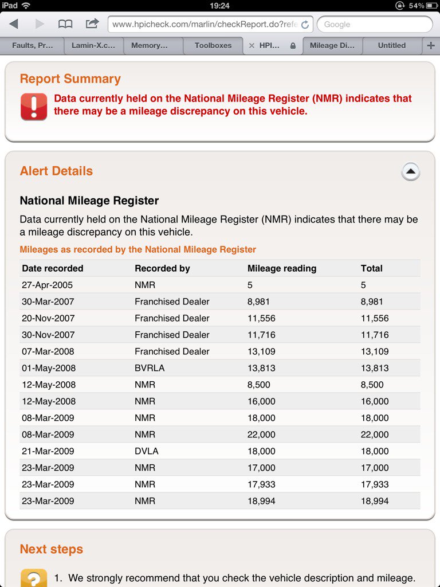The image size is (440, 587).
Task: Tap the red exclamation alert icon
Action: [34, 107]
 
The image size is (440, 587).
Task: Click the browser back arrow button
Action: [14, 24]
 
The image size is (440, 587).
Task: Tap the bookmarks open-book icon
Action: [65, 24]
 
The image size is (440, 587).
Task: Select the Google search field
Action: [375, 24]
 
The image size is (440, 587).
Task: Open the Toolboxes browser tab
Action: [213, 45]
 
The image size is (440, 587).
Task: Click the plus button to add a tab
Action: [431, 45]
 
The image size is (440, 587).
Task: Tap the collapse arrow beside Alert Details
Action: [410, 171]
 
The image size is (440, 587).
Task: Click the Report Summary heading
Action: [70, 79]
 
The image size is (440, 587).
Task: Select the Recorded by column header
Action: [162, 268]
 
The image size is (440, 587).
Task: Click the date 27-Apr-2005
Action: [48, 285]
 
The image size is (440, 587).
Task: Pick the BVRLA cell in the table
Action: [150, 368]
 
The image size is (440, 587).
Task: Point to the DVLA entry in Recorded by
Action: [147, 451]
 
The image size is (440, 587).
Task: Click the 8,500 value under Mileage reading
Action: [259, 385]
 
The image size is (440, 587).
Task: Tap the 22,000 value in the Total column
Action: [375, 435]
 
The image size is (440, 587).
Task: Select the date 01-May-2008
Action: [49, 368]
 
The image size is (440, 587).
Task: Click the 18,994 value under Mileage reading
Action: [261, 501]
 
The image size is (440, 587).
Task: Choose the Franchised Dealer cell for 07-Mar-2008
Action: [172, 351]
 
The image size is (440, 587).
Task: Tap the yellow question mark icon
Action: [34, 578]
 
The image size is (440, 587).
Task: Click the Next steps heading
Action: [52, 549]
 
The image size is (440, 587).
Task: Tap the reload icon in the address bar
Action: [305, 25]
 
